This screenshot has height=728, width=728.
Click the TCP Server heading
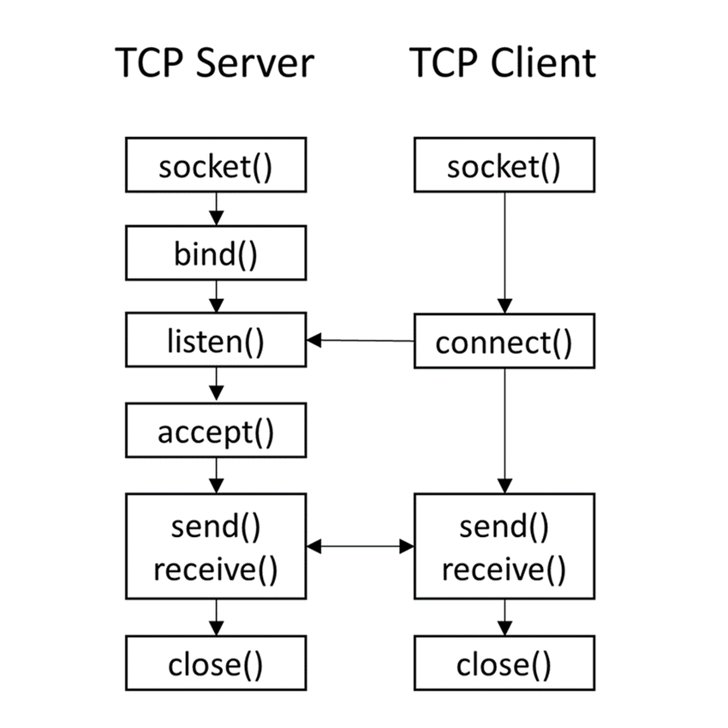pyautogui.click(x=215, y=64)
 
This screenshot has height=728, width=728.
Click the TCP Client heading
pyautogui.click(x=503, y=64)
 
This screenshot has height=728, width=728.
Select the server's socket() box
pyautogui.click(x=216, y=167)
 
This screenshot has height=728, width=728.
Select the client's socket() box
pyautogui.click(x=504, y=167)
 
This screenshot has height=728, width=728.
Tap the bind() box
pyautogui.click(x=216, y=254)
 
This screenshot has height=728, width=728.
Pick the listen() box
pyautogui.click(x=216, y=342)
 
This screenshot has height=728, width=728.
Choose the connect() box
pyautogui.click(x=504, y=343)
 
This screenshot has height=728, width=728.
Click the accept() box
pyautogui.click(x=216, y=432)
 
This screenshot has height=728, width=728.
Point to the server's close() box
pyautogui.click(x=216, y=663)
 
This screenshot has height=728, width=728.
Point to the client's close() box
pyautogui.click(x=504, y=663)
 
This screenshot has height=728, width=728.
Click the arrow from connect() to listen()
pyautogui.click(x=360, y=341)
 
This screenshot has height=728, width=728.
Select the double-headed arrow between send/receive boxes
pyautogui.click(x=360, y=546)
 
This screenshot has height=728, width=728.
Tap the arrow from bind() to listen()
pyautogui.click(x=216, y=297)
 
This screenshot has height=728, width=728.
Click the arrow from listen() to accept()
pyautogui.click(x=216, y=385)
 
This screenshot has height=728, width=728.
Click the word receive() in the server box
pyautogui.click(x=216, y=568)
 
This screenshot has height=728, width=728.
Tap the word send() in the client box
pyautogui.click(x=504, y=526)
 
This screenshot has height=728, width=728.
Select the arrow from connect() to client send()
pyautogui.click(x=504, y=428)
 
